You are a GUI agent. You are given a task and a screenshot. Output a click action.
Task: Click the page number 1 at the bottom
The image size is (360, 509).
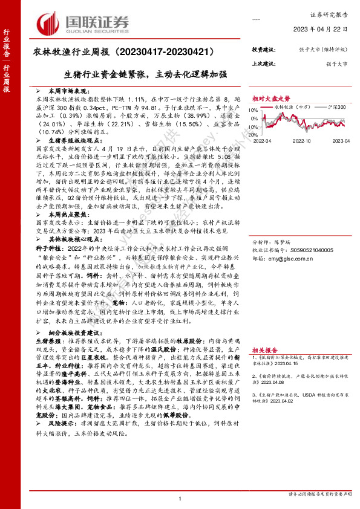[180, 498]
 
